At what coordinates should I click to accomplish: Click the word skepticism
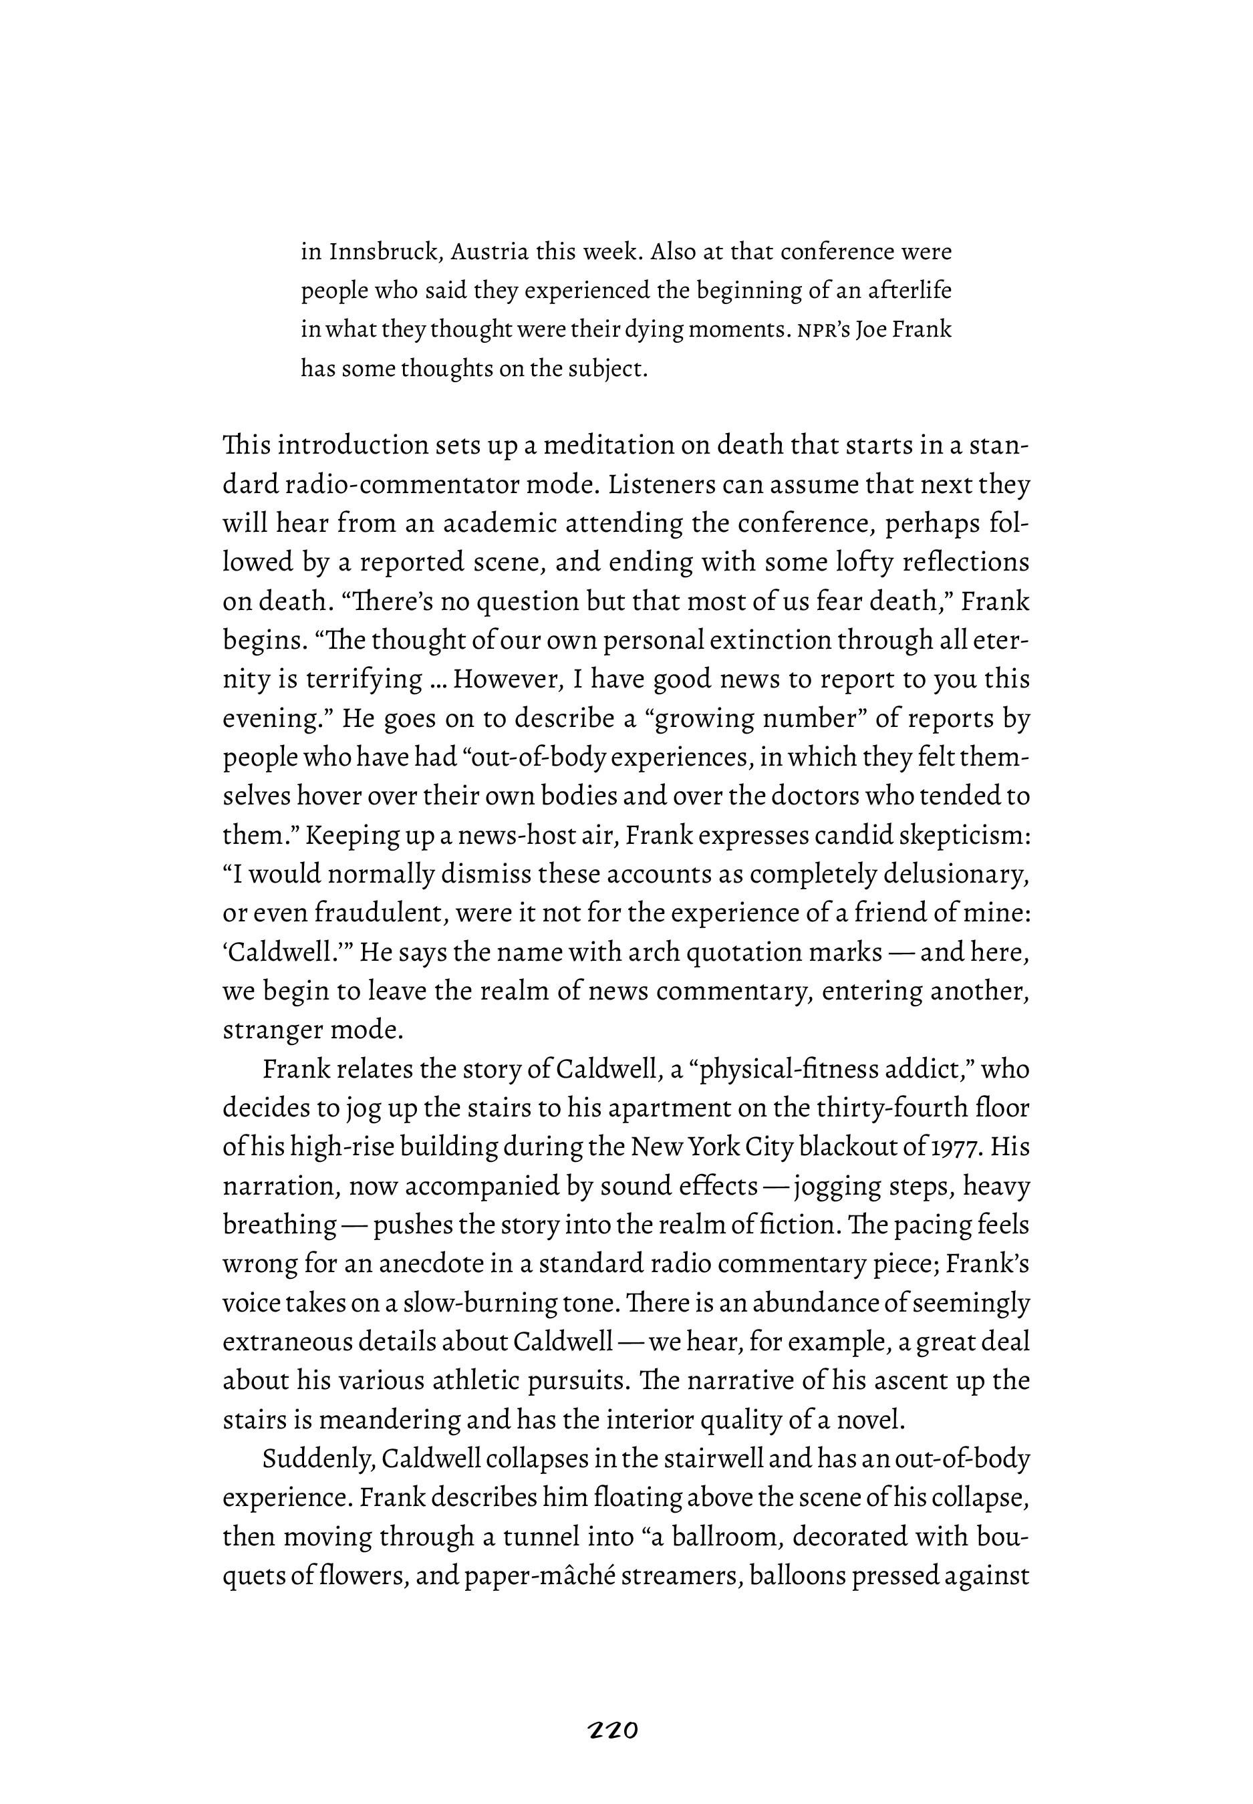(960, 835)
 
